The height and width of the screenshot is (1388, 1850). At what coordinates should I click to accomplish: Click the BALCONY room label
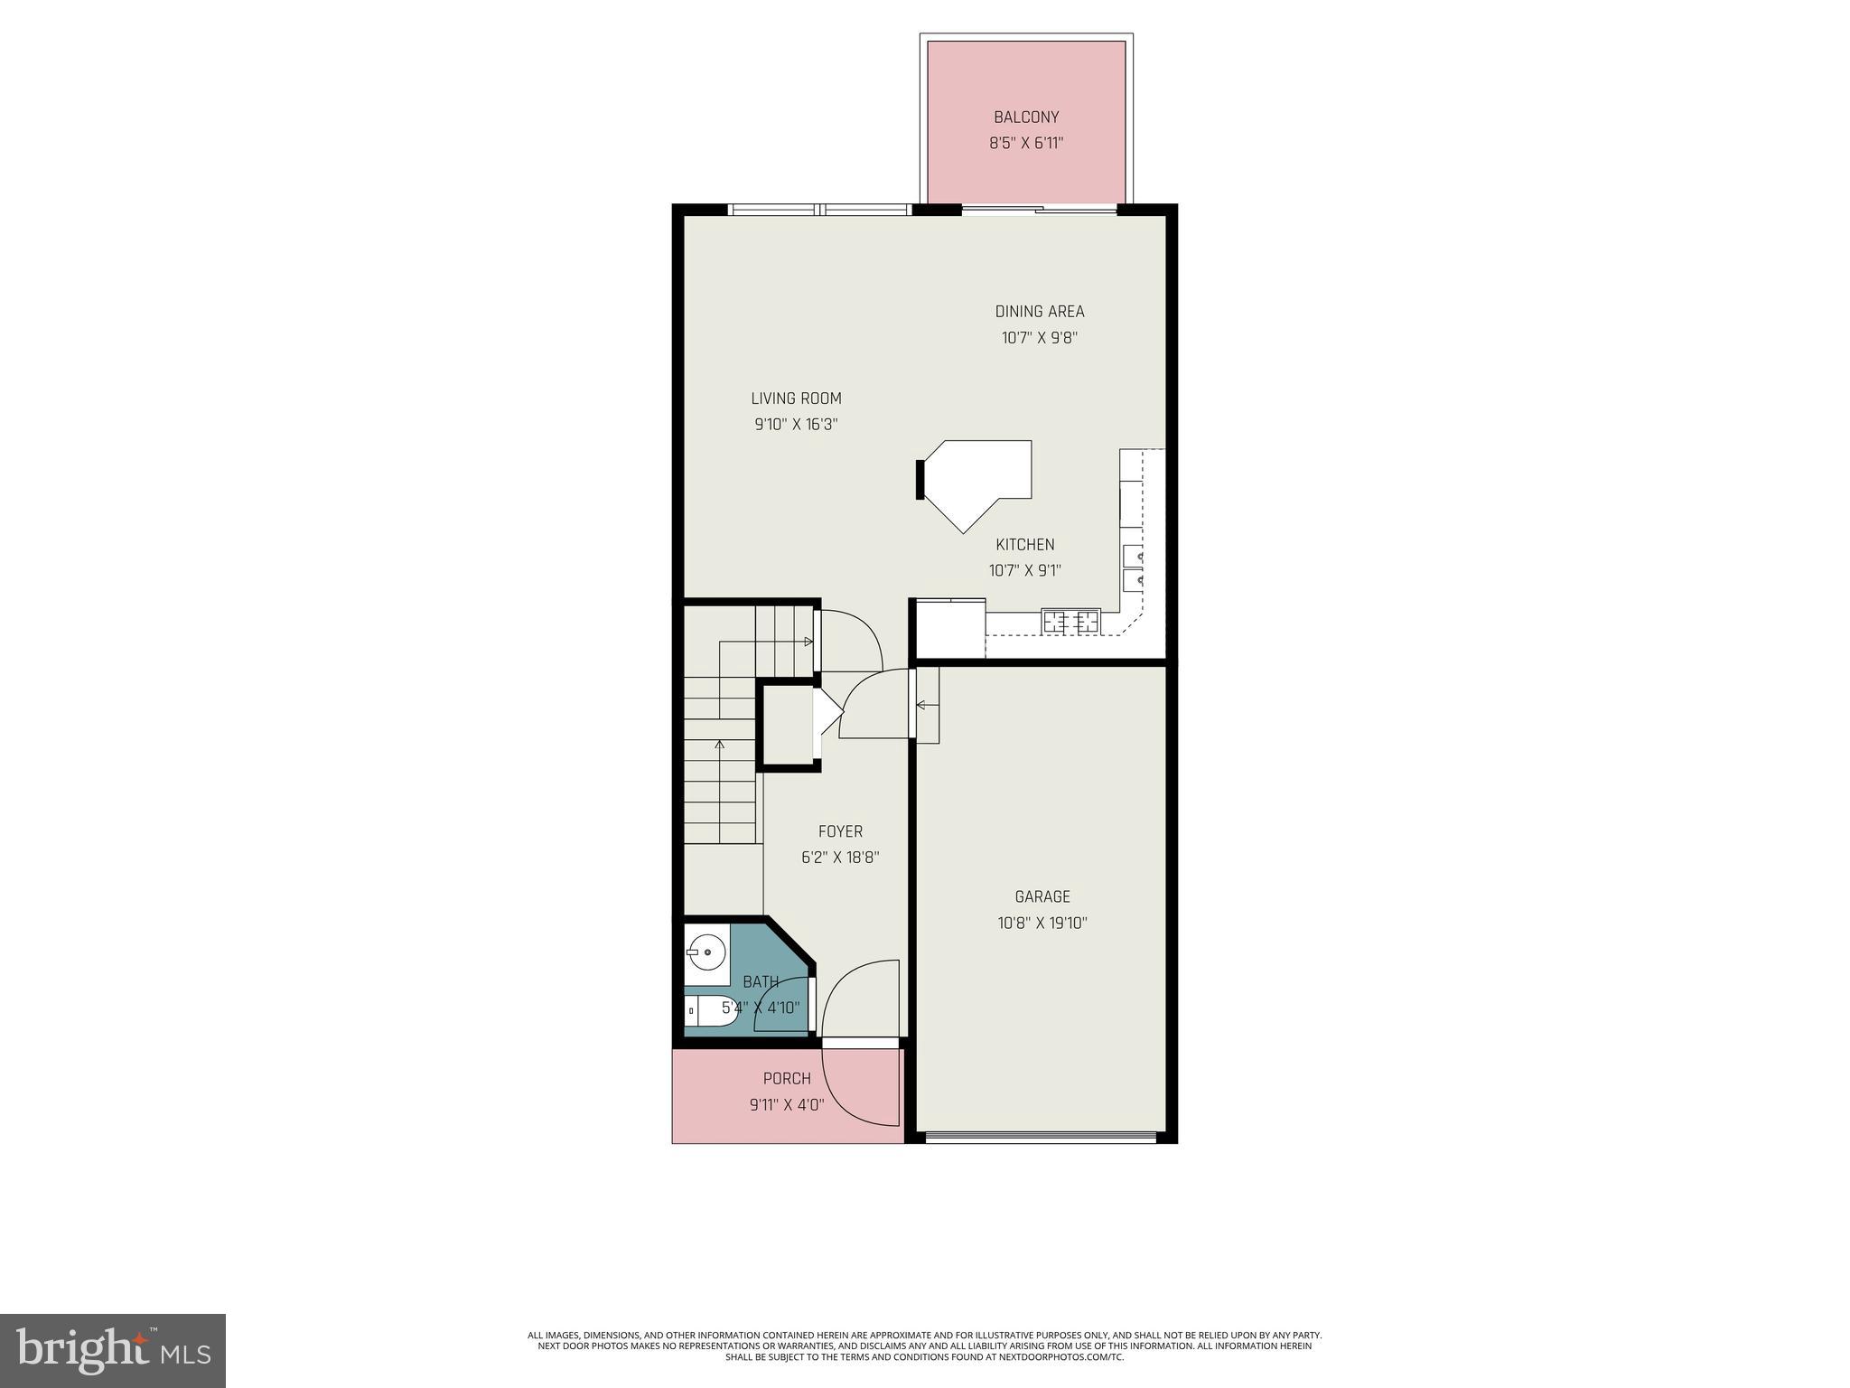[1026, 117]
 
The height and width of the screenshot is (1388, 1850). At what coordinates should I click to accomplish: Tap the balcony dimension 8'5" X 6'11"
[1026, 143]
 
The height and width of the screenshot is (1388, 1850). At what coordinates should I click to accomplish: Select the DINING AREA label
[1040, 312]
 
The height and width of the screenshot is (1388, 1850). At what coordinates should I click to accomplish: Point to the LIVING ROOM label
[796, 399]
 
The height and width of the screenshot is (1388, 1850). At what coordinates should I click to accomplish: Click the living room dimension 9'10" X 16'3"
[796, 425]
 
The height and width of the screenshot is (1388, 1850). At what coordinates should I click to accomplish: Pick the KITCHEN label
[1025, 545]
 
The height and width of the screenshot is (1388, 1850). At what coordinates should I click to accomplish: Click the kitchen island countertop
[985, 479]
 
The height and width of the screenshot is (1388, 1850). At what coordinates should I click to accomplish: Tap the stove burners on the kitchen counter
[1071, 622]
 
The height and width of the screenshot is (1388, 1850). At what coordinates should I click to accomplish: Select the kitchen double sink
[1133, 567]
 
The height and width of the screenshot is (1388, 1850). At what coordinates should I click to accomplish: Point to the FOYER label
[840, 832]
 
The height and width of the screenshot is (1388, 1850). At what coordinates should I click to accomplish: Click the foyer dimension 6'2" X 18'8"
[840, 858]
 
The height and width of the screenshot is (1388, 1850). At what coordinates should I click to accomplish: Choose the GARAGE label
[1042, 897]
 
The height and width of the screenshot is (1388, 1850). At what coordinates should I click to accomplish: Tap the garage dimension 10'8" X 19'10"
[1042, 924]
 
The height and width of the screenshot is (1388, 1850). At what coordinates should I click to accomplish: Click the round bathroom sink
[705, 952]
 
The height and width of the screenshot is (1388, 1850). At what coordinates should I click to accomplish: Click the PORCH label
[787, 1079]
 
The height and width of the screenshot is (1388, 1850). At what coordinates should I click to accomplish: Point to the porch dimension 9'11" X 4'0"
[787, 1105]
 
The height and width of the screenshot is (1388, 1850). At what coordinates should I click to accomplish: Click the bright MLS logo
[113, 1351]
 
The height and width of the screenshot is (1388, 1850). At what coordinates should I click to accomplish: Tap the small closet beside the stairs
[788, 725]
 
